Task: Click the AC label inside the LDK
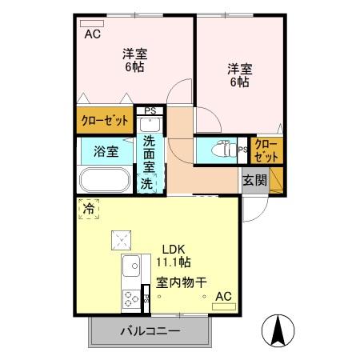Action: (x=224, y=297)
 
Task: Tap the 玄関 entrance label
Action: (x=255, y=179)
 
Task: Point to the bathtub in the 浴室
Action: (x=105, y=181)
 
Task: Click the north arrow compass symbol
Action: (x=277, y=330)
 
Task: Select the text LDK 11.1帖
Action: (x=172, y=254)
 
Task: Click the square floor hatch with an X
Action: (x=122, y=238)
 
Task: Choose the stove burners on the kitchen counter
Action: (x=130, y=300)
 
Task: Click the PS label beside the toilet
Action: (x=242, y=149)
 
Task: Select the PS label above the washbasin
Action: (x=150, y=111)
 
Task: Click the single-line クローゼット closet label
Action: (x=105, y=122)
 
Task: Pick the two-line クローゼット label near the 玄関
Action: (x=266, y=150)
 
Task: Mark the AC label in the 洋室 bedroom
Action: (x=92, y=34)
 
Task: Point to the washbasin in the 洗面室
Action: (x=150, y=125)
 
